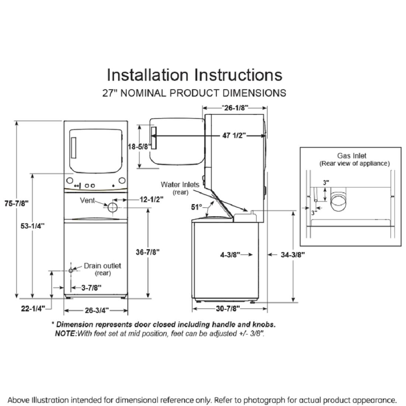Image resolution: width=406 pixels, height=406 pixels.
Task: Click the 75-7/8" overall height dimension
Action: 17,203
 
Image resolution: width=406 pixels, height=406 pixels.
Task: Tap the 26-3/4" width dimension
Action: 96,310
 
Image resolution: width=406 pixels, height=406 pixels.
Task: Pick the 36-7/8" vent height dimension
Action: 148,252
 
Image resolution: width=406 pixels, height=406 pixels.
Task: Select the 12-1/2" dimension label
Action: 151,199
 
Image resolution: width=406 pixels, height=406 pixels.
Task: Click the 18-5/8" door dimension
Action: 140,147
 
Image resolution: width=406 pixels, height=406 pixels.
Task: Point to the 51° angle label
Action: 196,207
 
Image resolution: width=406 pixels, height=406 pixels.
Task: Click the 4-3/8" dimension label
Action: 230,254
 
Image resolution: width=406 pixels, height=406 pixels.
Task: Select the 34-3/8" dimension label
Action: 293,254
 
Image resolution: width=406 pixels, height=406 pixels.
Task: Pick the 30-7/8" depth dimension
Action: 228,308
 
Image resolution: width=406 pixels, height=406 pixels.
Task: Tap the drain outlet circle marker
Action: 71,271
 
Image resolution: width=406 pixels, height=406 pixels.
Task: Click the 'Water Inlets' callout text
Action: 180,185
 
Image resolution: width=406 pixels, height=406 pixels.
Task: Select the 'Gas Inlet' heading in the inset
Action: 351,156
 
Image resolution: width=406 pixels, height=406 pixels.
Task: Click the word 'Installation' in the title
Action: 148,75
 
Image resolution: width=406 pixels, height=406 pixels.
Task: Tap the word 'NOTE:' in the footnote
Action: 66,333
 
